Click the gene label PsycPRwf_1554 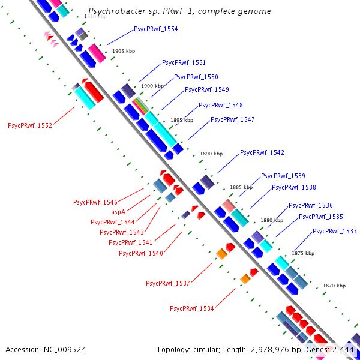(155, 29)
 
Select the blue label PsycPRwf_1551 (184, 63)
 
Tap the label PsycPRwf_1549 (206, 89)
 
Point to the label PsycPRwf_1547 (232, 119)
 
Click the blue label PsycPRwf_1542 (262, 153)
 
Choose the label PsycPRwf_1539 (283, 176)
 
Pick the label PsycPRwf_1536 (310, 205)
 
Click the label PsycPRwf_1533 (334, 231)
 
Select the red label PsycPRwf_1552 (30, 126)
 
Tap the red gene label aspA (118, 212)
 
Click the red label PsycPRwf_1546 (95, 202)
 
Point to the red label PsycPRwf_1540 (141, 253)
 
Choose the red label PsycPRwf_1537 (167, 283)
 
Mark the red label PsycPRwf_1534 (191, 308)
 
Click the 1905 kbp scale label (124, 51)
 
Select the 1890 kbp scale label (211, 154)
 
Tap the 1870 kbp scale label (334, 286)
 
